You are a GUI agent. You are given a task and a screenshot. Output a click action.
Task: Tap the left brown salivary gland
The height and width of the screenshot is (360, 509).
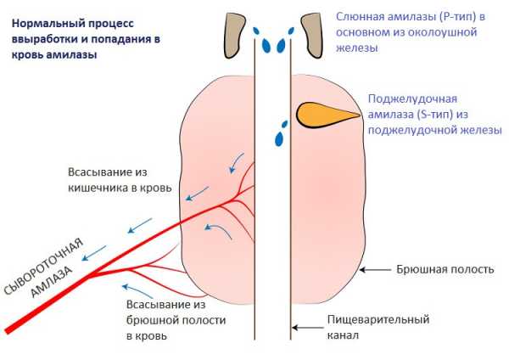click(234, 35)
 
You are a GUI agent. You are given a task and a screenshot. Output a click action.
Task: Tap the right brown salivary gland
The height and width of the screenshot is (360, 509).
click(312, 35)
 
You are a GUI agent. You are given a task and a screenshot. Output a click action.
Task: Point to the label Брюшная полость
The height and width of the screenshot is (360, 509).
click(445, 269)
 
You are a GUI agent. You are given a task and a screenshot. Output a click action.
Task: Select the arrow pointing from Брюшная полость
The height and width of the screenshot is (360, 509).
click(376, 270)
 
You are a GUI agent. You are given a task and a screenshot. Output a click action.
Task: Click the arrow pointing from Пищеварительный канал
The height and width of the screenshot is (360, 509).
click(308, 328)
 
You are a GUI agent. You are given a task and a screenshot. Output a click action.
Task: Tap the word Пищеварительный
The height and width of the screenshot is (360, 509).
click(378, 319)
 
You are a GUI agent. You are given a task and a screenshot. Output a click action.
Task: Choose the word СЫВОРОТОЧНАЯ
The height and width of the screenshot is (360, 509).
click(43, 267)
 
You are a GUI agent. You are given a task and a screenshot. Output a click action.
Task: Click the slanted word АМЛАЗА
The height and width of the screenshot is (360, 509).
click(51, 282)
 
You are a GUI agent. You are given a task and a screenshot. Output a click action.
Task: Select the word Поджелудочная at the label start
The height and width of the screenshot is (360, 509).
click(412, 98)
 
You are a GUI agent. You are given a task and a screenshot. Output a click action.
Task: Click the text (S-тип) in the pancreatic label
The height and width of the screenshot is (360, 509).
click(434, 115)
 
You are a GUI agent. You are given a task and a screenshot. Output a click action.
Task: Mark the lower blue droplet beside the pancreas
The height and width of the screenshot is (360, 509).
click(279, 138)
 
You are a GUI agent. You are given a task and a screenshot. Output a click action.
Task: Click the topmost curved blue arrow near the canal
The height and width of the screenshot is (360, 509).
click(237, 162)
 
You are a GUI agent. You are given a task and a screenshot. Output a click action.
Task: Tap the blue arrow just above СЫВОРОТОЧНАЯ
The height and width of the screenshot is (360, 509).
click(94, 253)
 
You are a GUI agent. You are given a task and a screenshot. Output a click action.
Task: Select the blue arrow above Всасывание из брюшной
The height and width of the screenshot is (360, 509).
click(137, 290)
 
